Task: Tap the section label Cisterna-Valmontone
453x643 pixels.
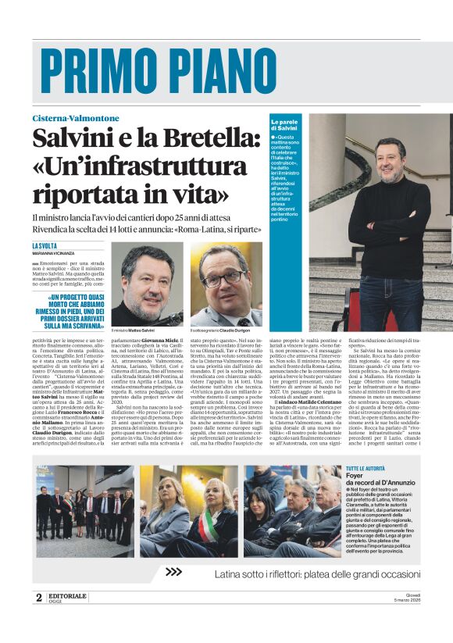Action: pos(76,118)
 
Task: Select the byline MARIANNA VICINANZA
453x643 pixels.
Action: pos(54,253)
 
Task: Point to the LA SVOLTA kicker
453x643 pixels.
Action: pos(45,245)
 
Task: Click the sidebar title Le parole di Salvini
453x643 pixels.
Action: pos(285,125)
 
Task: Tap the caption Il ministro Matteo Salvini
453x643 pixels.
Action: pos(136,331)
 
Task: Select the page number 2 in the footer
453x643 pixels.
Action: pos(38,598)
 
